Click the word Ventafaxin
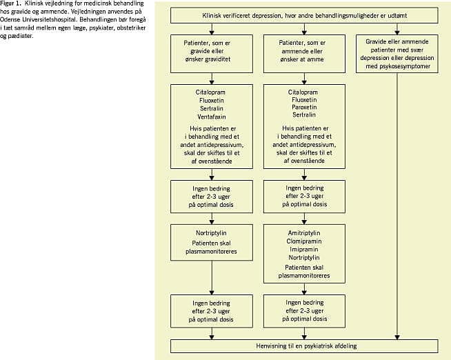212,117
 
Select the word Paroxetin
304,108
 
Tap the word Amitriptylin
304,233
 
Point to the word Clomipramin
304,241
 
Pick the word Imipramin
304,249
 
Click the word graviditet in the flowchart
217,59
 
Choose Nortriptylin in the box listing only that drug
212,233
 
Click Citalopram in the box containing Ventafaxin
210,92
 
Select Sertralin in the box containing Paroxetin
304,114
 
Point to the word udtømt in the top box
397,16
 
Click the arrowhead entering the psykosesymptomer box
397,32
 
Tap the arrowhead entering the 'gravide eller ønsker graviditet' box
212,32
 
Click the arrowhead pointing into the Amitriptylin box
304,222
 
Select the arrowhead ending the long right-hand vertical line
397,337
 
